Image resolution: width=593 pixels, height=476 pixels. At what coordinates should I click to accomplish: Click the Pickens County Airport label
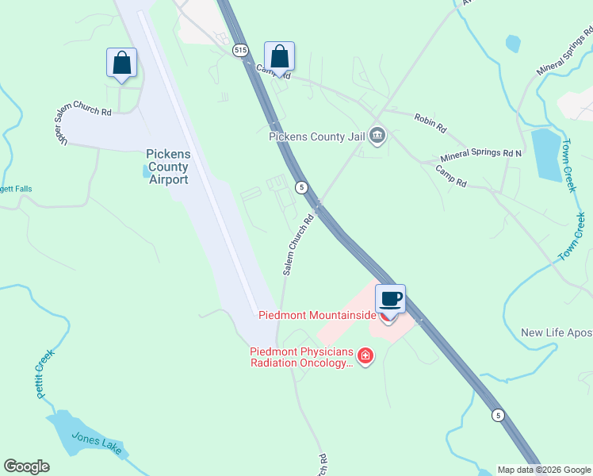tap(168, 167)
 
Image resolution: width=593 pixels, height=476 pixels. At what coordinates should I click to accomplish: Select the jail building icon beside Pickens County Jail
tap(377, 136)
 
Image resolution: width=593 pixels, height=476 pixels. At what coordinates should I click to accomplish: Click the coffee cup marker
tap(390, 300)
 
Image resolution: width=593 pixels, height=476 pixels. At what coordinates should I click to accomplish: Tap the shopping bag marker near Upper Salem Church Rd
tap(122, 63)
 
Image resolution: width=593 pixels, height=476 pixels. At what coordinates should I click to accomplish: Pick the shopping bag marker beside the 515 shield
tap(279, 56)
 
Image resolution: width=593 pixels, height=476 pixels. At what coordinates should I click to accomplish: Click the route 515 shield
tap(241, 50)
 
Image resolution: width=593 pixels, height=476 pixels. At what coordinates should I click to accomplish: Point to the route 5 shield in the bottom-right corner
tap(498, 415)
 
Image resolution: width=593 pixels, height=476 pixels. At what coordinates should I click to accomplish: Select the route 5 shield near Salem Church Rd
tap(301, 187)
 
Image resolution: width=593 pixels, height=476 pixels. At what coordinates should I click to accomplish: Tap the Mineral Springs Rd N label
tap(481, 152)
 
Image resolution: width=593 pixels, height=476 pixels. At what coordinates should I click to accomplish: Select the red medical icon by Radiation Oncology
tap(365, 356)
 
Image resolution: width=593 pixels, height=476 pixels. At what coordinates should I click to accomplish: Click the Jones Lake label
tap(98, 443)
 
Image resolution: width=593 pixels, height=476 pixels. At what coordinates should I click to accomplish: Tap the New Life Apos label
tap(557, 332)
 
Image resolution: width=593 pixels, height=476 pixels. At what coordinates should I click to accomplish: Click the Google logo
tap(26, 466)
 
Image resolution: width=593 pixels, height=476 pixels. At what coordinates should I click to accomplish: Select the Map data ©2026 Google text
tap(544, 470)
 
